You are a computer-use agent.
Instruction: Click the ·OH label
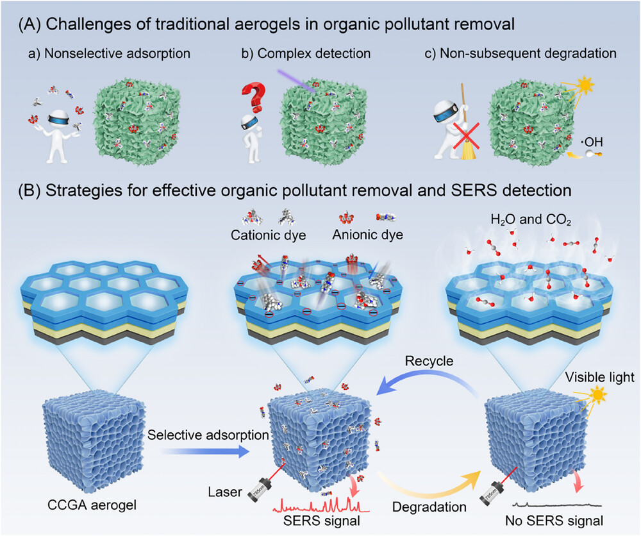pos(592,142)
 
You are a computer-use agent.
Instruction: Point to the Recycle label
pos(429,361)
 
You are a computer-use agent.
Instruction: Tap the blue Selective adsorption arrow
pos(204,452)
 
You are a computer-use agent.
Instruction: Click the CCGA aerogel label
pos(92,505)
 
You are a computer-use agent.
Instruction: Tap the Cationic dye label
pos(268,235)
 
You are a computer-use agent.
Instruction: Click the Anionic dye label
pos(367,235)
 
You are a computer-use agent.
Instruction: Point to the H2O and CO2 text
pos(531,221)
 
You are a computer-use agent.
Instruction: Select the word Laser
pos(225,491)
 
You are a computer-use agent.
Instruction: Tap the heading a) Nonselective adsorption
pos(109,54)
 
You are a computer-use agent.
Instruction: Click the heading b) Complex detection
pos(306,54)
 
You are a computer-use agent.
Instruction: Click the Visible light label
pos(600,377)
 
